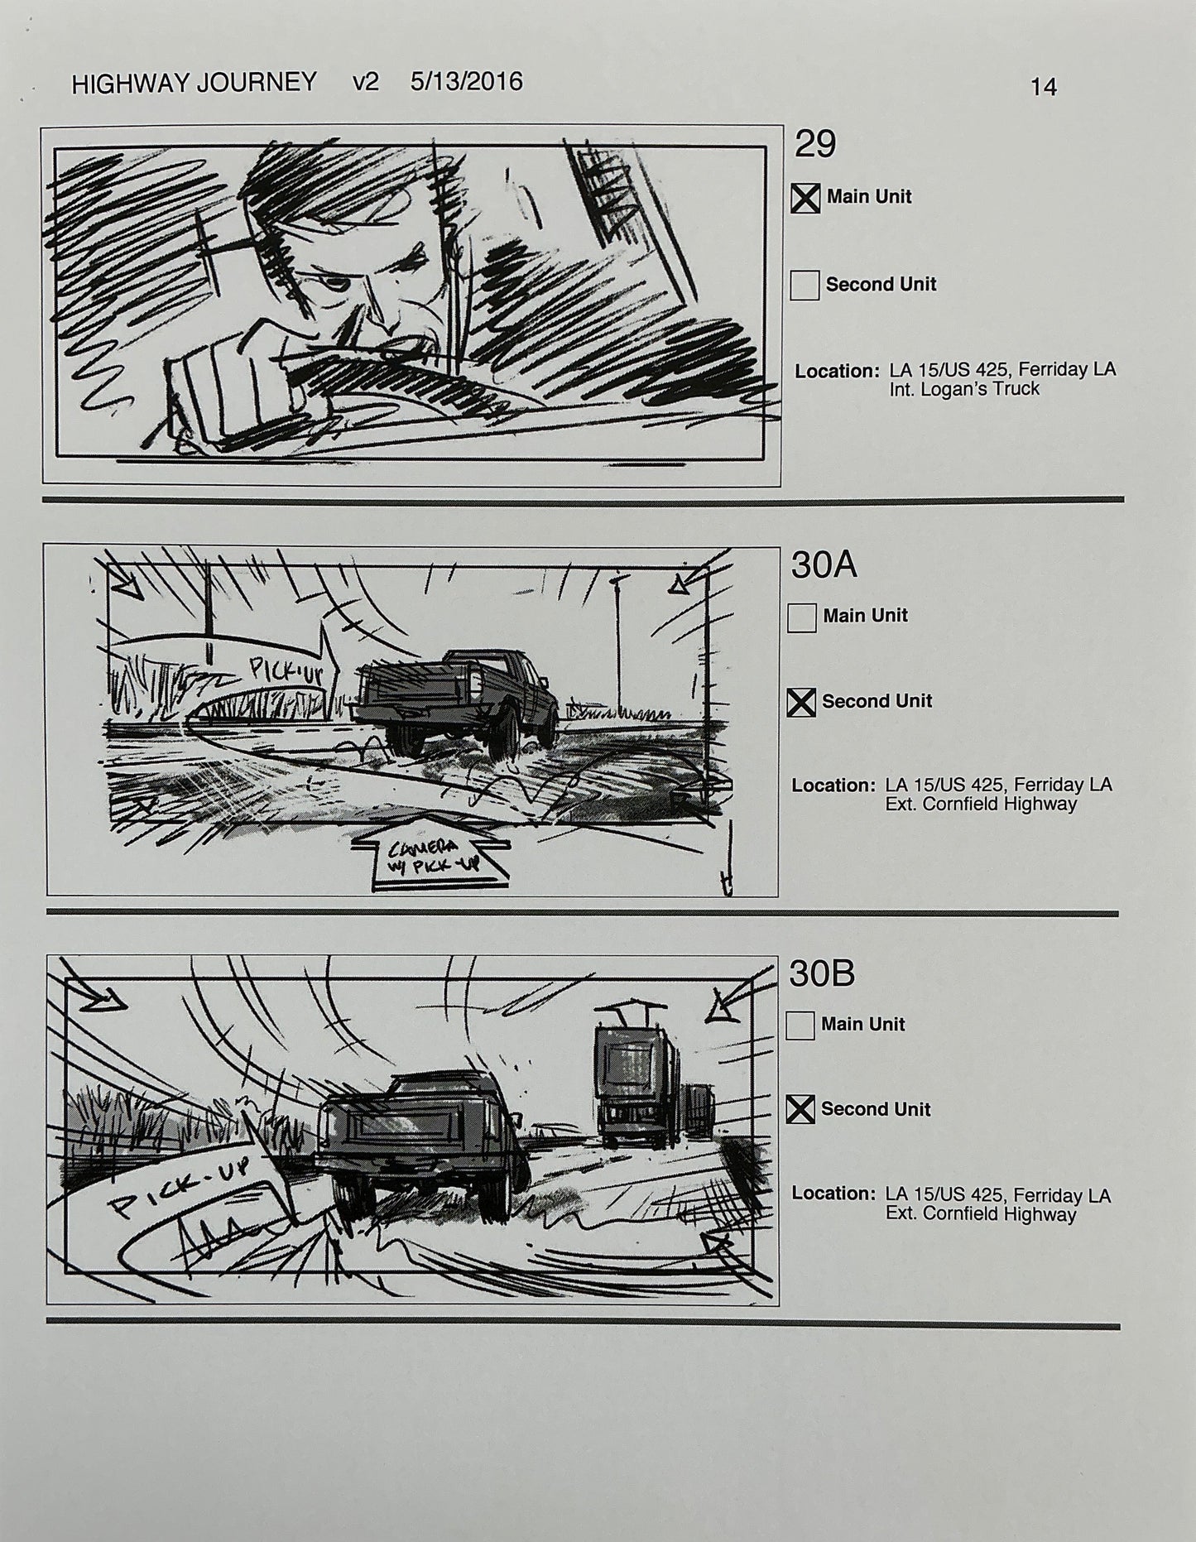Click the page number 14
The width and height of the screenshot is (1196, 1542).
pos(1043,87)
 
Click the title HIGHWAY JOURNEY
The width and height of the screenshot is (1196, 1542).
pos(194,83)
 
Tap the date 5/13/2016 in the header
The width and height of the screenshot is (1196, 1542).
pos(466,81)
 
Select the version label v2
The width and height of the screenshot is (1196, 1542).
pos(365,82)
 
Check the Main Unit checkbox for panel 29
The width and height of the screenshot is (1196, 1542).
pos(805,198)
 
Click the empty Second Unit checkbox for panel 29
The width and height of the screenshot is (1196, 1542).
pos(804,285)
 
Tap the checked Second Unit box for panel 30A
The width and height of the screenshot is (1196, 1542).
pos(800,702)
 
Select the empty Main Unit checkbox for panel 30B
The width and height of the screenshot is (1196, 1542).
pos(800,1026)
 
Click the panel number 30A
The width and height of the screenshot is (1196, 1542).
pos(824,565)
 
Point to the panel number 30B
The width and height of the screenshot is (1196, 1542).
pos(821,974)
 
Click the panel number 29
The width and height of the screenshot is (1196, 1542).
pos(814,145)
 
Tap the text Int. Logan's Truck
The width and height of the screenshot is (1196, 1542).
pos(963,390)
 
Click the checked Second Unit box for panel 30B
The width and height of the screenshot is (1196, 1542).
pos(800,1110)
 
